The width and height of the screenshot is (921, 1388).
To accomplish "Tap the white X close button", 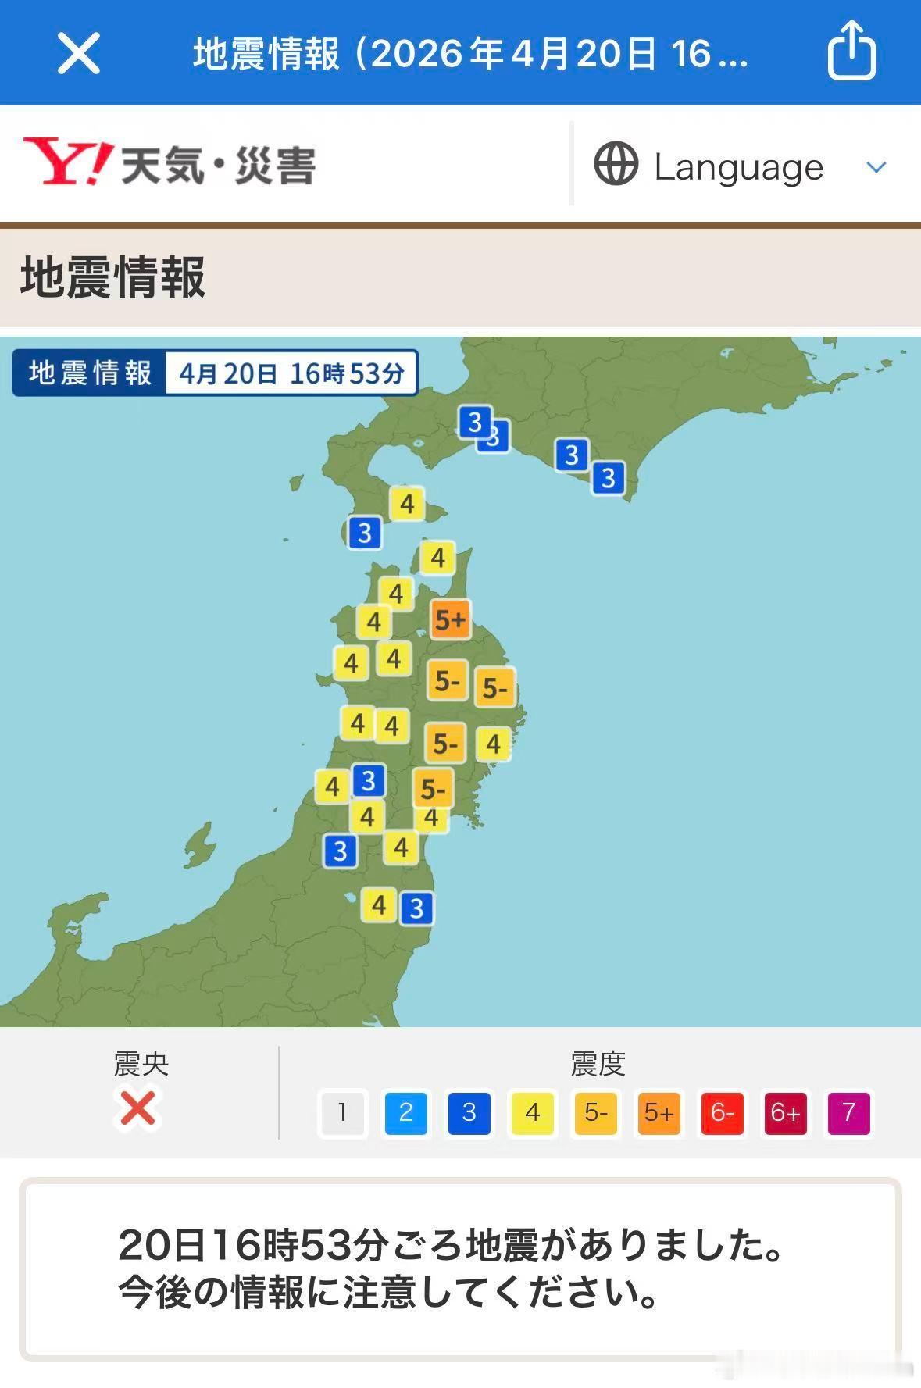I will (x=79, y=54).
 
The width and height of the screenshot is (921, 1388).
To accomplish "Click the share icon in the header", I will (x=851, y=52).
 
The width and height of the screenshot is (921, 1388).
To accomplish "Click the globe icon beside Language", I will (x=616, y=164).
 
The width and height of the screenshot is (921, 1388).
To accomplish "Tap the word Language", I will (x=738, y=167).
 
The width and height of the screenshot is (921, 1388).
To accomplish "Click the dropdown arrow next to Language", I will (x=876, y=167).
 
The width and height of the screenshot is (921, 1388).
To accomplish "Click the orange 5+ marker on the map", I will (x=451, y=620).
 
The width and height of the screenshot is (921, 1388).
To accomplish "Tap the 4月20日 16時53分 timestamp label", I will (x=291, y=373).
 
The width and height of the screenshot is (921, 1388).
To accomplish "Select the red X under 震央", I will (x=138, y=1108).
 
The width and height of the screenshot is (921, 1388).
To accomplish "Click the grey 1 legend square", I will (x=342, y=1112).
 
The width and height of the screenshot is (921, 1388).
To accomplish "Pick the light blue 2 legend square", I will (x=405, y=1112).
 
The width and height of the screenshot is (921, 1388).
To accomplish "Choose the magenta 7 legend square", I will (x=848, y=1112).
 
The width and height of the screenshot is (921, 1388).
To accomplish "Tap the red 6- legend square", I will (x=722, y=1112).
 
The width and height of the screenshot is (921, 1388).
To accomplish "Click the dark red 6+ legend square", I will (x=785, y=1112).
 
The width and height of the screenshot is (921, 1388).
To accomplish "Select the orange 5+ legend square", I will (x=659, y=1112).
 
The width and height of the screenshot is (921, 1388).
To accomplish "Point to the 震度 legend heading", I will (x=598, y=1064).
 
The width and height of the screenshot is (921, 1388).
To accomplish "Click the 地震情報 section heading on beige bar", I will (x=113, y=277).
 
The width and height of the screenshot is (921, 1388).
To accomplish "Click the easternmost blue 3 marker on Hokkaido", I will (x=609, y=477).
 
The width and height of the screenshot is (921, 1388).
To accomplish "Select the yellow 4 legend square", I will (x=532, y=1112).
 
